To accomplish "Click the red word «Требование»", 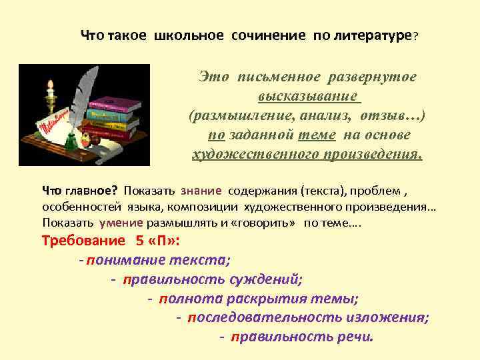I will click(83, 241).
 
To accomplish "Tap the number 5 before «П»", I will click(140, 241).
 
